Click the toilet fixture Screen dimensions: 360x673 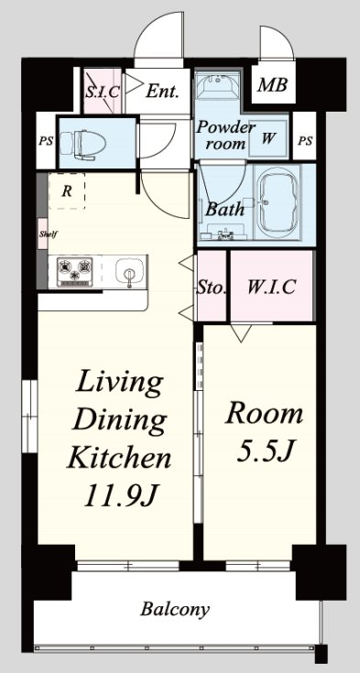coord(82,144)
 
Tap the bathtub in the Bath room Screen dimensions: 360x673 coord(277,202)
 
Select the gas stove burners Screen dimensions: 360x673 coord(75,271)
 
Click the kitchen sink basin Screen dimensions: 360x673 coord(128,272)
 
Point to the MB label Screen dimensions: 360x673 coord(272,85)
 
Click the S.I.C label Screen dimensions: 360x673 coord(103,92)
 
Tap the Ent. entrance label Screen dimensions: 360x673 coord(162,91)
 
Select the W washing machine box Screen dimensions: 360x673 coord(268,139)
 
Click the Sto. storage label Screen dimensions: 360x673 coord(212,288)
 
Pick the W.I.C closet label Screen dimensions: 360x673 coord(271,287)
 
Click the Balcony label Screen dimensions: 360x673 coord(175,609)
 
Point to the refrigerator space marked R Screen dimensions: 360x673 coord(66,191)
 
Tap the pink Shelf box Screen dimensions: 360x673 coord(42,233)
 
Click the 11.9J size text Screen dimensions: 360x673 coord(119,495)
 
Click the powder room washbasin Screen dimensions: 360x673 coord(217,85)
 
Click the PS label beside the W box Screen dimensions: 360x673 coord(305,141)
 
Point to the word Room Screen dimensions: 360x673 coord(264,413)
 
